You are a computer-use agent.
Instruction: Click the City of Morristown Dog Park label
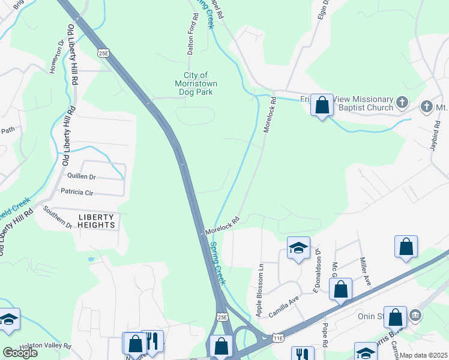coord(196,83)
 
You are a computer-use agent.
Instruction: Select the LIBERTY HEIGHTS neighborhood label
coord(96,221)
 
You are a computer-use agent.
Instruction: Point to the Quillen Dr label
coord(82,177)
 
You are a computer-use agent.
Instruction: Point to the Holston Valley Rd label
coord(45,346)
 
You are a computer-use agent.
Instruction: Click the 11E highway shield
coord(277,339)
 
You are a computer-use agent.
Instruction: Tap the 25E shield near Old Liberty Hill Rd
coord(104,53)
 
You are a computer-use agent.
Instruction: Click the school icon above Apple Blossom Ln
coord(298,248)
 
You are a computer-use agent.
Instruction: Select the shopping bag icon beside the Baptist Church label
coord(322,105)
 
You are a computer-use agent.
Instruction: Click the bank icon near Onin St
coord(415,314)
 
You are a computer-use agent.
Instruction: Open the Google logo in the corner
coord(19,353)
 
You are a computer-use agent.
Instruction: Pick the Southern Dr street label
coord(57,217)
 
